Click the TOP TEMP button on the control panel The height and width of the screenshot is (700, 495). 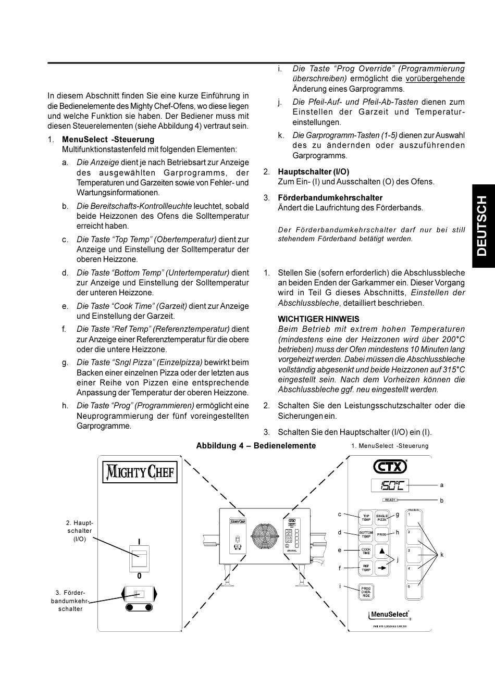click(x=366, y=518)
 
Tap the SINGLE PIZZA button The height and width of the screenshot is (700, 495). click(x=382, y=518)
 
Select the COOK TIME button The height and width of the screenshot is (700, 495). click(x=366, y=551)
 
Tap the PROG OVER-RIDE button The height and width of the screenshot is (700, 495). click(x=366, y=592)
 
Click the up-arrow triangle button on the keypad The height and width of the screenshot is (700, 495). click(x=382, y=551)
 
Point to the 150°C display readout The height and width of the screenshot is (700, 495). click(x=390, y=485)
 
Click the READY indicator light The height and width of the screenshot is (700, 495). click(x=390, y=500)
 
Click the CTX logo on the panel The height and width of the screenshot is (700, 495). click(x=390, y=465)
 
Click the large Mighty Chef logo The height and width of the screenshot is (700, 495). click(x=140, y=472)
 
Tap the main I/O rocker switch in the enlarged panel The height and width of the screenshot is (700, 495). click(x=139, y=558)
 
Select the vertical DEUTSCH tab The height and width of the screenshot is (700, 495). click(x=483, y=226)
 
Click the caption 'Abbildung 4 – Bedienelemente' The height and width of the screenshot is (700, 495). click(x=256, y=446)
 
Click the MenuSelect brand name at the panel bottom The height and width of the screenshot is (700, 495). click(x=389, y=615)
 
